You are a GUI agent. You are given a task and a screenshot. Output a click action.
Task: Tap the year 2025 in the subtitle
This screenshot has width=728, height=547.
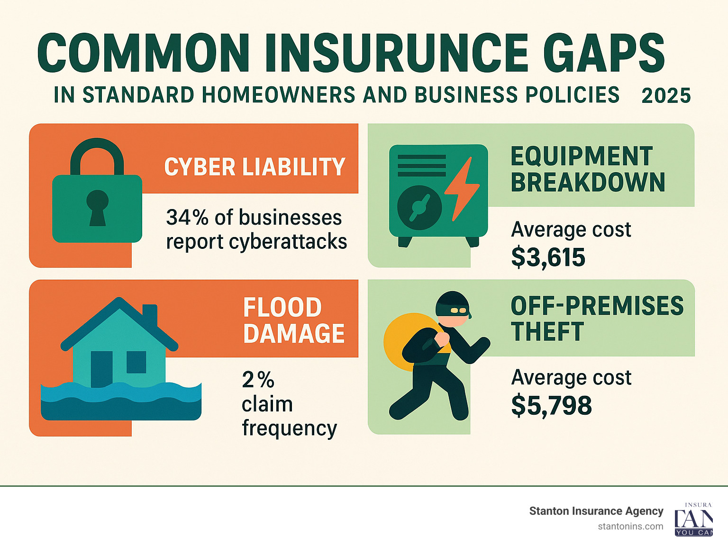(x=666, y=96)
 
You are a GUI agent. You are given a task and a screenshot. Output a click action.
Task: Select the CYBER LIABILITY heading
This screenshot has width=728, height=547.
(x=255, y=167)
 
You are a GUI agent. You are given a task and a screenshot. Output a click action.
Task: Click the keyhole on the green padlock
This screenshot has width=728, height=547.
(x=97, y=207)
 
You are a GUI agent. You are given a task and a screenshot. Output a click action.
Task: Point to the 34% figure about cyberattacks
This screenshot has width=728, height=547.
(x=187, y=218)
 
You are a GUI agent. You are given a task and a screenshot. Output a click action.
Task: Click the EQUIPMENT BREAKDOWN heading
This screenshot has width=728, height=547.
(x=588, y=169)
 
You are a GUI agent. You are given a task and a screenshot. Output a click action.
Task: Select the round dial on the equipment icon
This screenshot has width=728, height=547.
(x=419, y=208)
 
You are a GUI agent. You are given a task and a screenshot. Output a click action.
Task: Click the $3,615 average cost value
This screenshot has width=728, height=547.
(x=548, y=257)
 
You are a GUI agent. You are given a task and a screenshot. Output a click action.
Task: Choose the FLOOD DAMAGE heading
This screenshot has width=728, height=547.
(x=293, y=320)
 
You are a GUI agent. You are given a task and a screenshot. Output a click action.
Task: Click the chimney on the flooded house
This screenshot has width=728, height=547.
(x=150, y=315)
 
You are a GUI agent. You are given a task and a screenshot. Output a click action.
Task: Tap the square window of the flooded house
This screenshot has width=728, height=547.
(x=136, y=362)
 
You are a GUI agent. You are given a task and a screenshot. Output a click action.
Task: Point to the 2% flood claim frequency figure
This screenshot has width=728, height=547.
(x=258, y=380)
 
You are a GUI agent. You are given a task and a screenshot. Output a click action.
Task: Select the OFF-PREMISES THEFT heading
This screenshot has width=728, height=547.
(x=596, y=319)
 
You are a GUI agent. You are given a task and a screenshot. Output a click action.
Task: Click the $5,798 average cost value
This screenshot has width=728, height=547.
(x=551, y=406)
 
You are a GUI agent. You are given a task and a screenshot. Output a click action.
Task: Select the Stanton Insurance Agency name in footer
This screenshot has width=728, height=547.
(x=596, y=511)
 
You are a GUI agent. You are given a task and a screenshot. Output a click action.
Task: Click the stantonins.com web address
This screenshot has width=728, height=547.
(x=630, y=526)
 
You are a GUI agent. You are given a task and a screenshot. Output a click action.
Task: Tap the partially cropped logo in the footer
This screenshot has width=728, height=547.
(x=693, y=520)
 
